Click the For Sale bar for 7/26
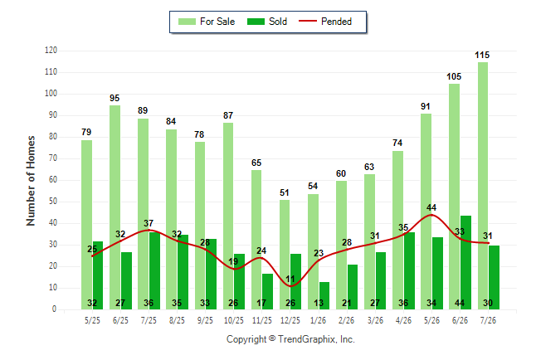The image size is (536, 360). pyautogui.click(x=483, y=186)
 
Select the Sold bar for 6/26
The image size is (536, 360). pyautogui.click(x=465, y=263)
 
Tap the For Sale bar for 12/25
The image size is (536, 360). pyautogui.click(x=285, y=255)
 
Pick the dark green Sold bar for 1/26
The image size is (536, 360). pyautogui.click(x=324, y=296)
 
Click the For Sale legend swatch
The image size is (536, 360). pyautogui.click(x=187, y=22)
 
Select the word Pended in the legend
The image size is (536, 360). pyautogui.click(x=336, y=22)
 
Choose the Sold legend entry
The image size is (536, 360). pyautogui.click(x=267, y=22)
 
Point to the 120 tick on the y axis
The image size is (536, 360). pyautogui.click(x=51, y=51)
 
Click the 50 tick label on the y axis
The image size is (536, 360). pyautogui.click(x=52, y=202)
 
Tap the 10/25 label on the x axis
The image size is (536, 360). pyautogui.click(x=233, y=320)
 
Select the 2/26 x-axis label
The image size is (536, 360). pyautogui.click(x=346, y=320)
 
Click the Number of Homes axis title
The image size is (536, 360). pyautogui.click(x=31, y=181)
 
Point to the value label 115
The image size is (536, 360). pyautogui.click(x=482, y=55)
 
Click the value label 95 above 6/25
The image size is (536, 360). pyautogui.click(x=115, y=98)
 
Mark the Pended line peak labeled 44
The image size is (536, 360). pyautogui.click(x=431, y=215)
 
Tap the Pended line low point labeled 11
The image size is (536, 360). pyautogui.click(x=290, y=286)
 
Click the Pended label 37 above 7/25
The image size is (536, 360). pyautogui.click(x=149, y=223)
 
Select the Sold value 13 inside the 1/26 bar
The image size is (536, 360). pyautogui.click(x=319, y=303)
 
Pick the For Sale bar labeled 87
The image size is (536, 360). pyautogui.click(x=228, y=216)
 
